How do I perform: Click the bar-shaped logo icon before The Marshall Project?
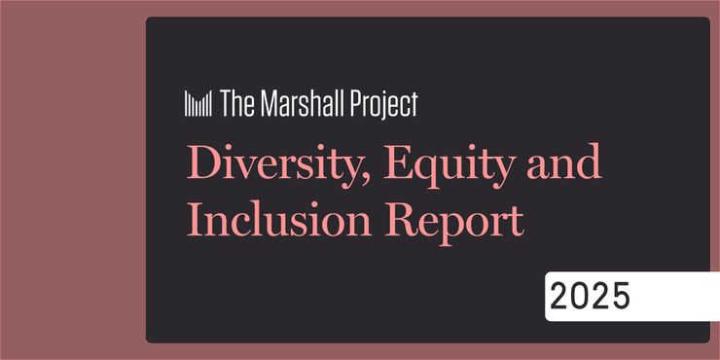tap(198, 103)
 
